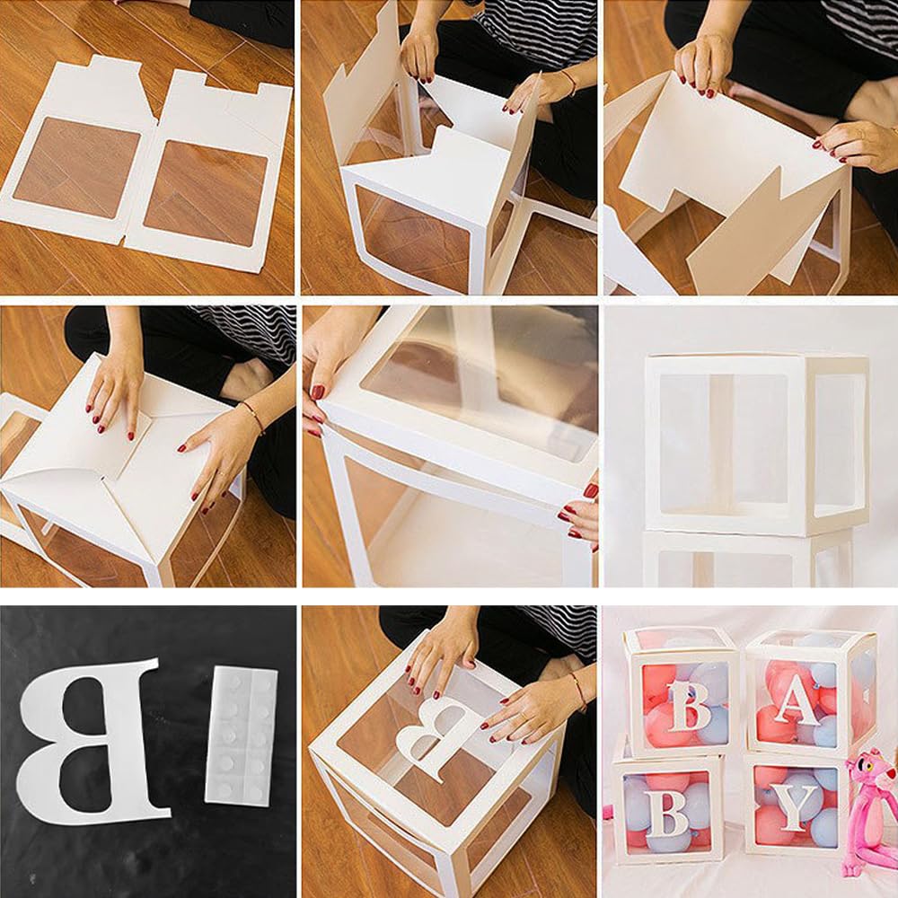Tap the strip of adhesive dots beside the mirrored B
coord(241,736)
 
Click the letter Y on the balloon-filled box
coord(797,808)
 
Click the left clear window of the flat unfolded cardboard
coord(75,168)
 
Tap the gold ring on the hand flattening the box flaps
coord(222,473)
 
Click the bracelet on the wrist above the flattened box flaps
coord(253,417)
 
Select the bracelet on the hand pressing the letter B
coord(579,691)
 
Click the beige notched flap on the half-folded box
coord(756,229)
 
